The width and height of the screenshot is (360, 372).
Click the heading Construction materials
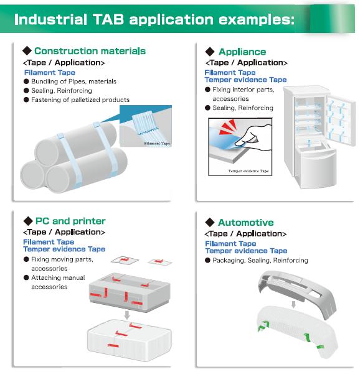click(90, 51)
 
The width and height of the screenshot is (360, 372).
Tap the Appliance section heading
click(242, 52)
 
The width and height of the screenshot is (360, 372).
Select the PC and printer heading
click(70, 221)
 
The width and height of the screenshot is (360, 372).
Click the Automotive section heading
click(246, 223)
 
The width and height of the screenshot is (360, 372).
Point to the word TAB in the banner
click(108, 19)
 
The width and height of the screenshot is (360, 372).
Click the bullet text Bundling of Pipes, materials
click(73, 81)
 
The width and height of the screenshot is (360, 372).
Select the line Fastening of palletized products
click(80, 100)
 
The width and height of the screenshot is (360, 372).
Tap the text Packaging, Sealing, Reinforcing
click(260, 260)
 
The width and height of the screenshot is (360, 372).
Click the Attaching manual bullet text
click(58, 277)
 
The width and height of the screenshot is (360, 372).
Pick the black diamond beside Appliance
click(210, 52)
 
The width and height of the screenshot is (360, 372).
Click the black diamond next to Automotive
click(210, 222)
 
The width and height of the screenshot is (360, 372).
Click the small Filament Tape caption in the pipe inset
click(157, 143)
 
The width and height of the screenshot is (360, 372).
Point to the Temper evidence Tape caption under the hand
click(249, 171)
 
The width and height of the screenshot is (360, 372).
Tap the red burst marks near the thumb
click(227, 127)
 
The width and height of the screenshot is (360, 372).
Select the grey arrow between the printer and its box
click(127, 315)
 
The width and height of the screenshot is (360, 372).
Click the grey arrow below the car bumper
click(293, 305)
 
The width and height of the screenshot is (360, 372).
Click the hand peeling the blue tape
click(254, 137)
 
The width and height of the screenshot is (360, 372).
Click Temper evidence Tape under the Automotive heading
click(246, 251)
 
